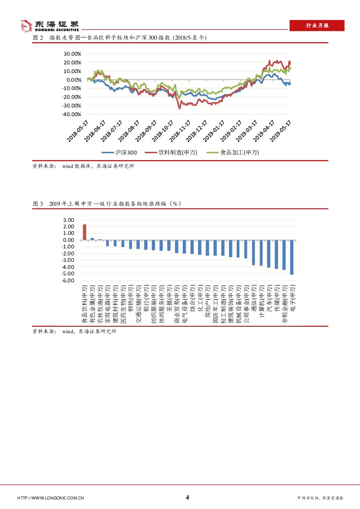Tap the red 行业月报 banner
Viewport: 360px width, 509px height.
point(317,26)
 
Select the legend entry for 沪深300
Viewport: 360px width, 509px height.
point(120,153)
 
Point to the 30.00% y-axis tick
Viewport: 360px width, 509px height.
point(72,54)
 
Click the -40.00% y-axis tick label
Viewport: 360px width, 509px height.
point(71,114)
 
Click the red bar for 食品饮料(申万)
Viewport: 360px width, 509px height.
point(84,232)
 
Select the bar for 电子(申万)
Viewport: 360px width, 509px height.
point(292,257)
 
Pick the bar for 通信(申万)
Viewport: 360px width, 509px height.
point(253,252)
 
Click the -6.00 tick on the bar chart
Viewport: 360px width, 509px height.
point(69,281)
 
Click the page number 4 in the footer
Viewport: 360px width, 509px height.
point(187,497)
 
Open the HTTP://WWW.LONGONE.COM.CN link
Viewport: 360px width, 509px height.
point(50,498)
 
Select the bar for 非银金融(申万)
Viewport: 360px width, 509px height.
point(284,255)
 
